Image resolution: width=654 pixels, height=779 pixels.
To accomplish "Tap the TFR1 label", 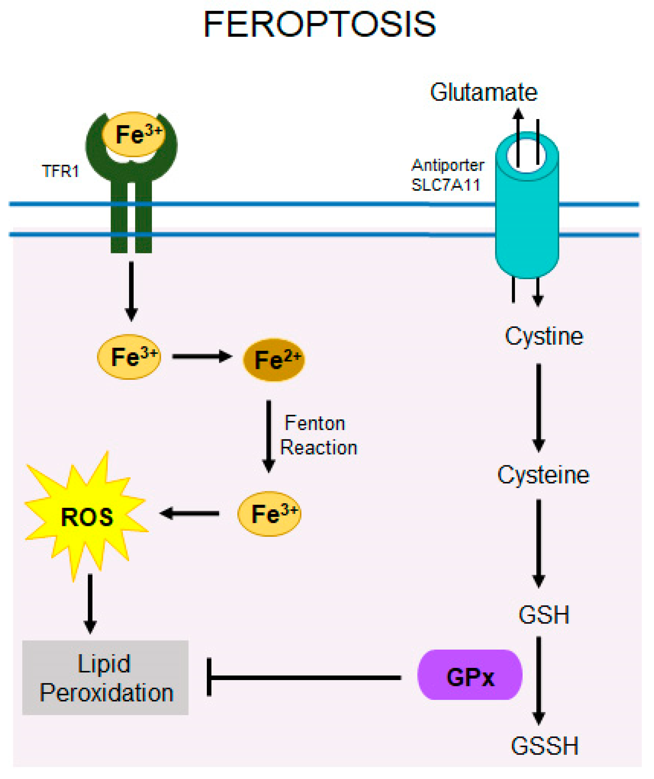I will [x=61, y=171].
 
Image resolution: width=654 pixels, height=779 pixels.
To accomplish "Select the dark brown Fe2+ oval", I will [x=274, y=359].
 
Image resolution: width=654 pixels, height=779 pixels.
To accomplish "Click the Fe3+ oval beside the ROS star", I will [x=269, y=514].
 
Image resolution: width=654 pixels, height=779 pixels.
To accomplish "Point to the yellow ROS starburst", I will [x=86, y=516].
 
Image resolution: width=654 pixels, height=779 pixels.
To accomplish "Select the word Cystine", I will [x=544, y=336].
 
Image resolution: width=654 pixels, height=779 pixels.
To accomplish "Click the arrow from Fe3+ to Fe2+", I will [x=202, y=357].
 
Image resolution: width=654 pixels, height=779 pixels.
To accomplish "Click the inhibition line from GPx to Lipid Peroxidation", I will [x=304, y=678].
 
